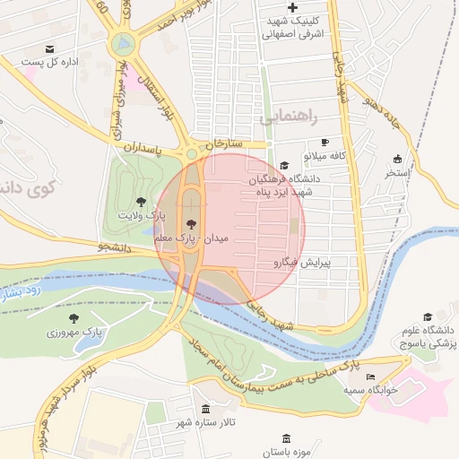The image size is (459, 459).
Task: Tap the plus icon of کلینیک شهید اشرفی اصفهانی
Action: click(293, 7)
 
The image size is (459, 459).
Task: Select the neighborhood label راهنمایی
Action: click(289, 117)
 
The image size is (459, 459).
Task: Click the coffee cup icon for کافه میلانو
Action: click(325, 142)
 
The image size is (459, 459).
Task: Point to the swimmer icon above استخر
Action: click(397, 158)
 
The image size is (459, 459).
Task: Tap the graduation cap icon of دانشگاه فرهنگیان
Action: click(284, 166)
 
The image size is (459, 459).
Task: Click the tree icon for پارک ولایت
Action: click(140, 201)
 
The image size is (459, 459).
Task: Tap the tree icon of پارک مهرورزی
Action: click(74, 317)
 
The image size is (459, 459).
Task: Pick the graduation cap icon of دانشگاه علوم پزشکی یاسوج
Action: click(428, 316)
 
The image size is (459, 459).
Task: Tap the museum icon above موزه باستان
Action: click(286, 438)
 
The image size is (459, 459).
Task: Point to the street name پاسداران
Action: click(142, 145)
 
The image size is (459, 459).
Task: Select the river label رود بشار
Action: click(20, 292)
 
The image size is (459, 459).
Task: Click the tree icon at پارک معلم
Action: click(190, 224)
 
